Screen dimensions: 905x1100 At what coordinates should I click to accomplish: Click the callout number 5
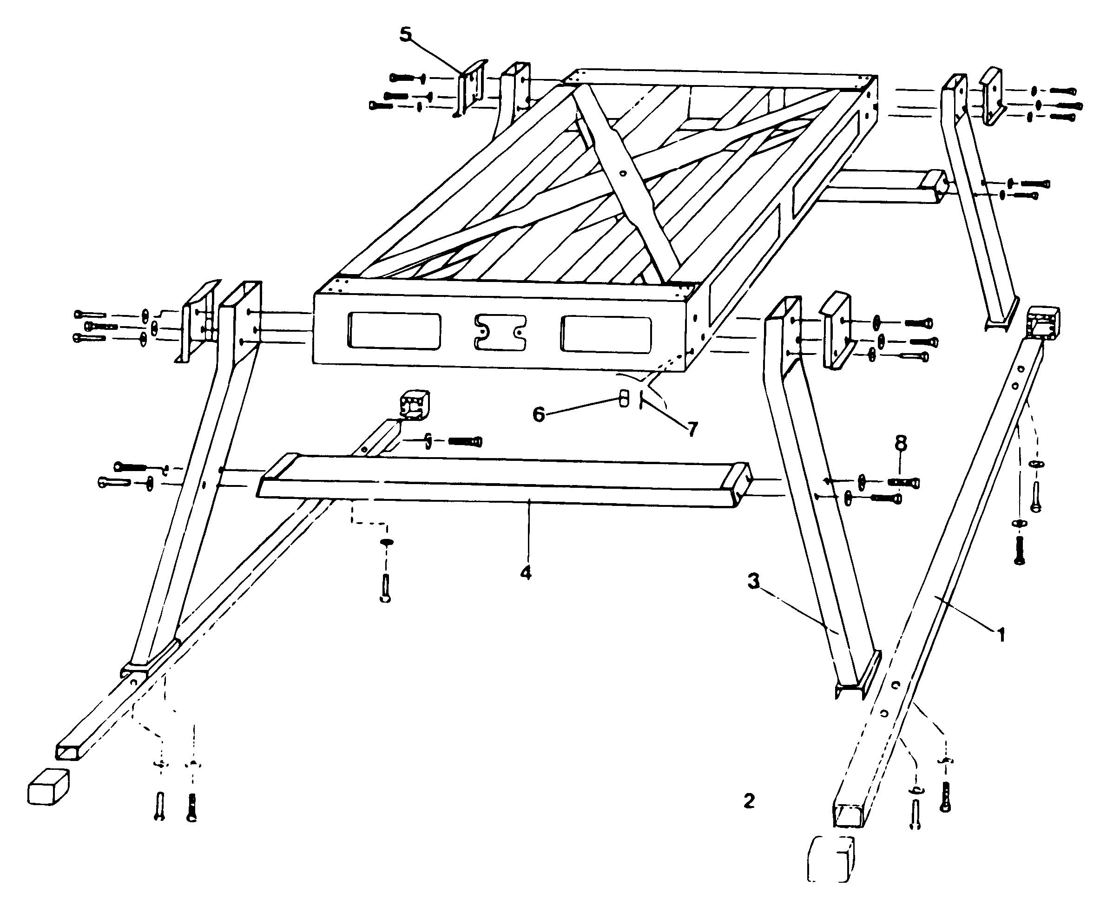click(405, 34)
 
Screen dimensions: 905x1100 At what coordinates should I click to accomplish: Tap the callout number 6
click(539, 415)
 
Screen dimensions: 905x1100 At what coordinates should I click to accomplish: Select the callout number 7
click(692, 430)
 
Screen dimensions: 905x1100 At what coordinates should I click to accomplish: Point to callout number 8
click(900, 444)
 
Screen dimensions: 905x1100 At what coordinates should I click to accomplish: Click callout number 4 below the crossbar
click(526, 572)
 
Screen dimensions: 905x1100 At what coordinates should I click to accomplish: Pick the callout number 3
click(753, 581)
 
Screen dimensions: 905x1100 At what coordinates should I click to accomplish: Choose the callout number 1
click(1001, 635)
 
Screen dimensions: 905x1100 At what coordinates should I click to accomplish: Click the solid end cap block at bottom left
click(48, 787)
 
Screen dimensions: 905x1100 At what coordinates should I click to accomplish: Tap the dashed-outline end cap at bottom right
click(831, 859)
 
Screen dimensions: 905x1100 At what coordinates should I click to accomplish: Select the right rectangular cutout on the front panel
click(606, 334)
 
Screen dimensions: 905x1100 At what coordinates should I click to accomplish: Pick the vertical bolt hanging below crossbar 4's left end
click(385, 589)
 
